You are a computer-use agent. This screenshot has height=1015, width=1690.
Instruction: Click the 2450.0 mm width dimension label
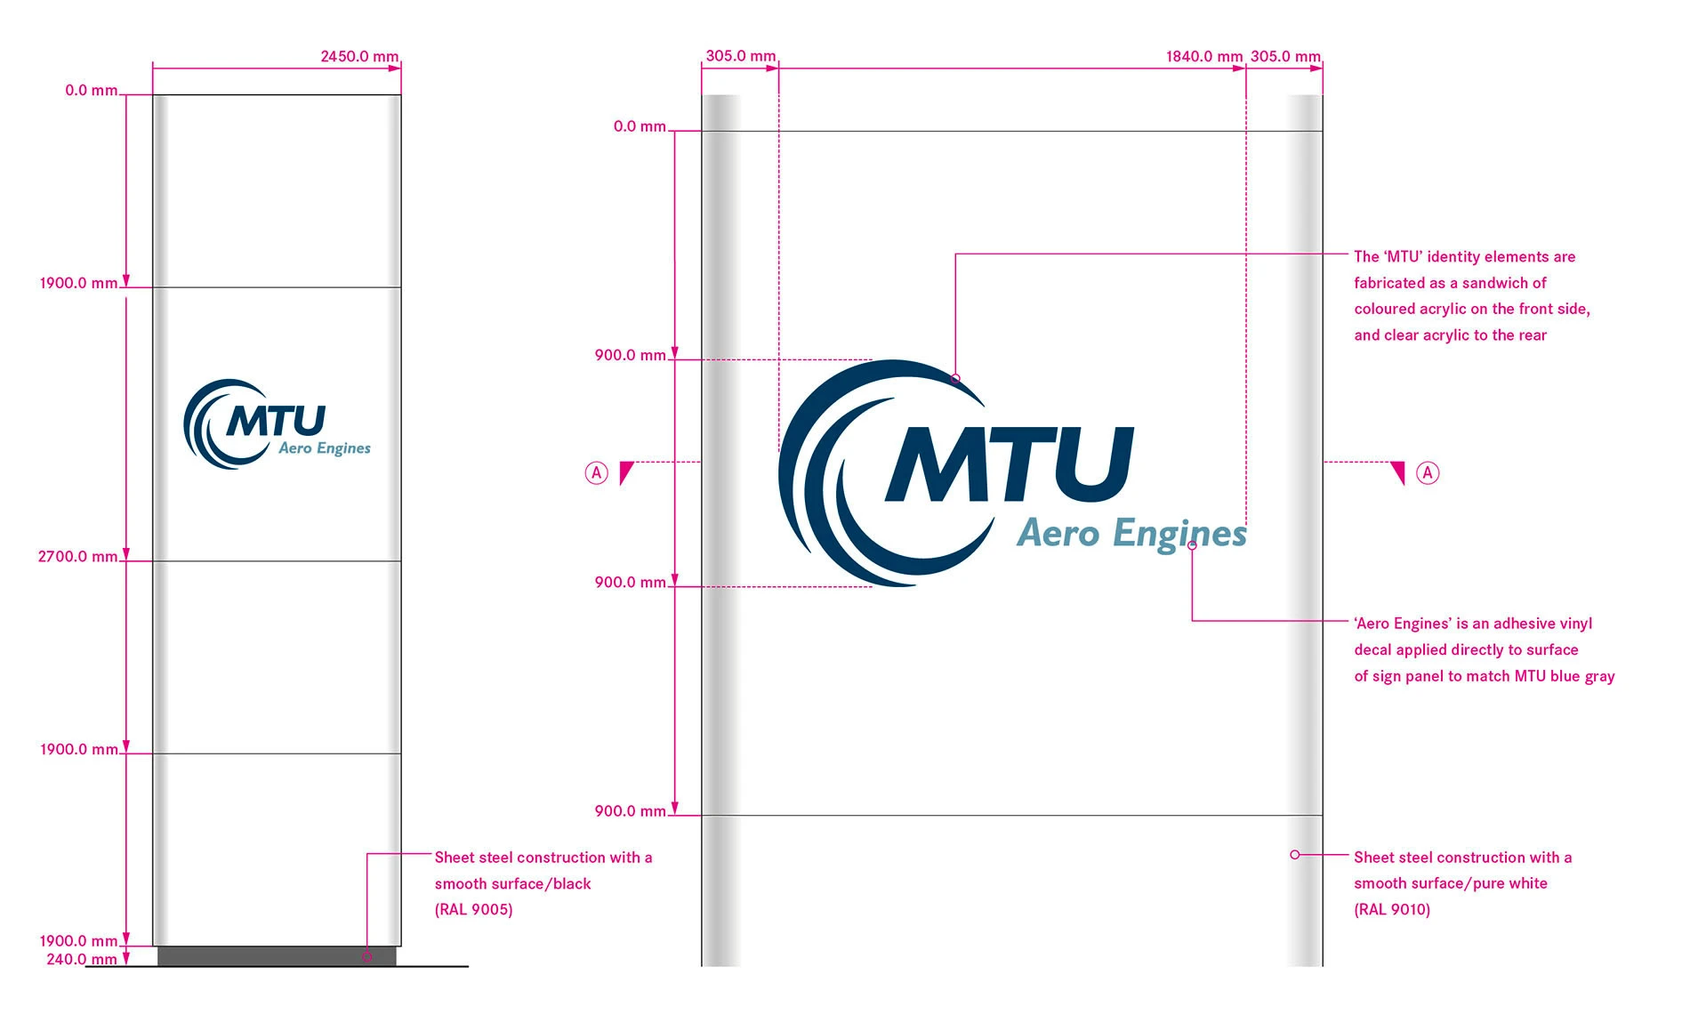(x=359, y=56)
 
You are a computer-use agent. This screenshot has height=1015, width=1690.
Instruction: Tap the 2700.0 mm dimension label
(x=77, y=557)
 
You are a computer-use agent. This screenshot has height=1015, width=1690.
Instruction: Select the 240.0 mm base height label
(x=81, y=959)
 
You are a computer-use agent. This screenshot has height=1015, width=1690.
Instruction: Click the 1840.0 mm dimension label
(x=1203, y=56)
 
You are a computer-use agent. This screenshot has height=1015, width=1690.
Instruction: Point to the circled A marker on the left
(x=596, y=472)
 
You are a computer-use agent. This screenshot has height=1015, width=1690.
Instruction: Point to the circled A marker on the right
(x=1428, y=472)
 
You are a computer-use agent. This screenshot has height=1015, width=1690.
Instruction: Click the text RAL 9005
(x=473, y=909)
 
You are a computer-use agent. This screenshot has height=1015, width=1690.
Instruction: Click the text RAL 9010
(x=1392, y=909)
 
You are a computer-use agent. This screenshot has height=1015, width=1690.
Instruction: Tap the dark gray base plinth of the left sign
(x=276, y=956)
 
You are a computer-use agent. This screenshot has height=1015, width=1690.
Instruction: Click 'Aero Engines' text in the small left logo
(x=325, y=448)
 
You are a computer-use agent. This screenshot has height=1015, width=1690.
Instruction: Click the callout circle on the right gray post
(x=1295, y=854)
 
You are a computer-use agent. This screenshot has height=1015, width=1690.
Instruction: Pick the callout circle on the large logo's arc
(x=955, y=379)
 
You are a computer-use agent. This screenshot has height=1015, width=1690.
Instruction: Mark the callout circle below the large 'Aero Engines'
(x=1192, y=545)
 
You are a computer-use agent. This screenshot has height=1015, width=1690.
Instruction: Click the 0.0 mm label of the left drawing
(x=91, y=91)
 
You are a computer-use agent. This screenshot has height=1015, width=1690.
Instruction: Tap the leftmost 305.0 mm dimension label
(x=740, y=56)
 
